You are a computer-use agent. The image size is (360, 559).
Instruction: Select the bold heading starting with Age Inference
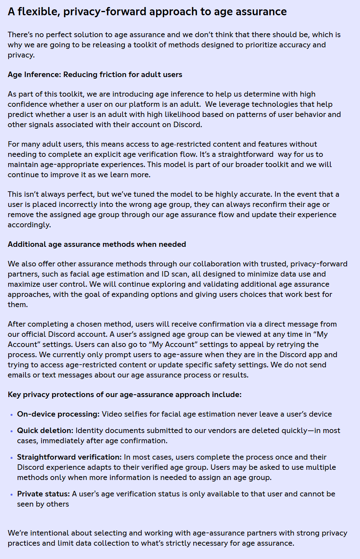coord(95,74)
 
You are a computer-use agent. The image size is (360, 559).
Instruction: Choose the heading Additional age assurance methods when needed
coord(97,244)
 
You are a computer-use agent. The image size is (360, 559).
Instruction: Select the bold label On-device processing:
coord(58,414)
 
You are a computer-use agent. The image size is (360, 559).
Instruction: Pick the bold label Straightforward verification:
coord(69,457)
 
